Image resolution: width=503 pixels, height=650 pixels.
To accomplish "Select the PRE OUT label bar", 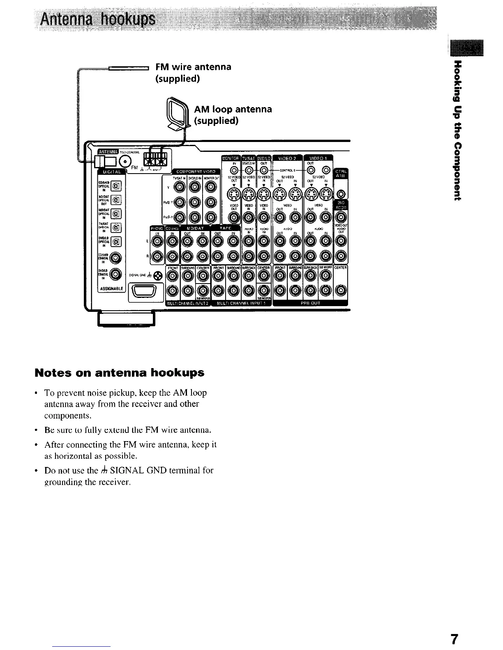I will coord(310,304).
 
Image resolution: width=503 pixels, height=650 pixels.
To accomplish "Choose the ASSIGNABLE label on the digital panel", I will coord(108,288).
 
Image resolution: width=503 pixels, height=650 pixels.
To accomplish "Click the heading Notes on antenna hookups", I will coord(120,373).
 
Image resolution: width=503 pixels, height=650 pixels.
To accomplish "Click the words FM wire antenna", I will coord(193,67).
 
